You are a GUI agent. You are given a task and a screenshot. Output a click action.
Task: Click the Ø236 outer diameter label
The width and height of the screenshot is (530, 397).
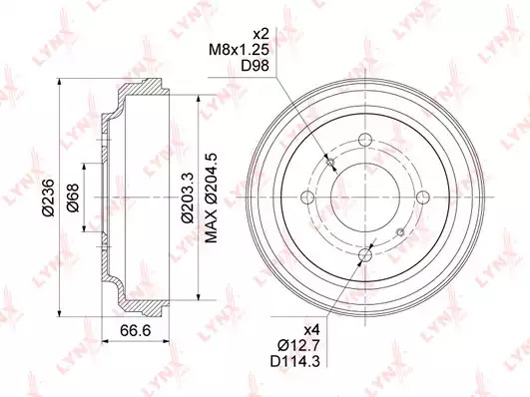pos(49,197)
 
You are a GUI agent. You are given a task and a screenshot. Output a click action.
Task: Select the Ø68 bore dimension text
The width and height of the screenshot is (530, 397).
pos(72,198)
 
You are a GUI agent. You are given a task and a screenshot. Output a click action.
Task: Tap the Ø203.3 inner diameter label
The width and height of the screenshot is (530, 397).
pos(188,198)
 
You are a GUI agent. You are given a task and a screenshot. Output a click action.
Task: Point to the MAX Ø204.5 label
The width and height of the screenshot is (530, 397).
pos(212,198)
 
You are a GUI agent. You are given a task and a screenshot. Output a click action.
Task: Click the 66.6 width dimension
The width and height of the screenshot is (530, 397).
pos(135,330)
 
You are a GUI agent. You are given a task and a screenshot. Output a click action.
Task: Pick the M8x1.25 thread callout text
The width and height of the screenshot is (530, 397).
pos(239,50)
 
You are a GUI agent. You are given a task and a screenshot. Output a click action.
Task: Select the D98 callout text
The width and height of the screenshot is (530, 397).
pos(255,66)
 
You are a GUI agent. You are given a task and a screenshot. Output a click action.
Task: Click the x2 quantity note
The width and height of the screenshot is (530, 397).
pos(261,34)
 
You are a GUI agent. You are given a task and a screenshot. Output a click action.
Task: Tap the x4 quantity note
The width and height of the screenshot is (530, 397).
pos(311,329)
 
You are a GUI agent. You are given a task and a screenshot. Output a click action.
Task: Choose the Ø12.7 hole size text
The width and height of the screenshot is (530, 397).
pos(298,345)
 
